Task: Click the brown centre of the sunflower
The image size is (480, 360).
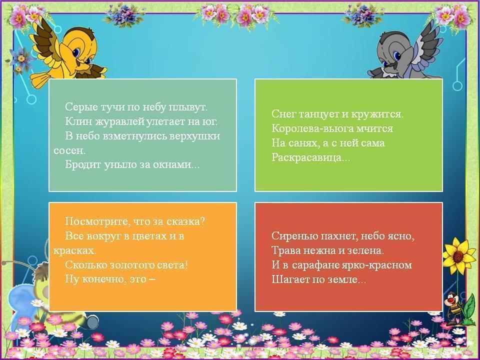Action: [458, 256]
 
